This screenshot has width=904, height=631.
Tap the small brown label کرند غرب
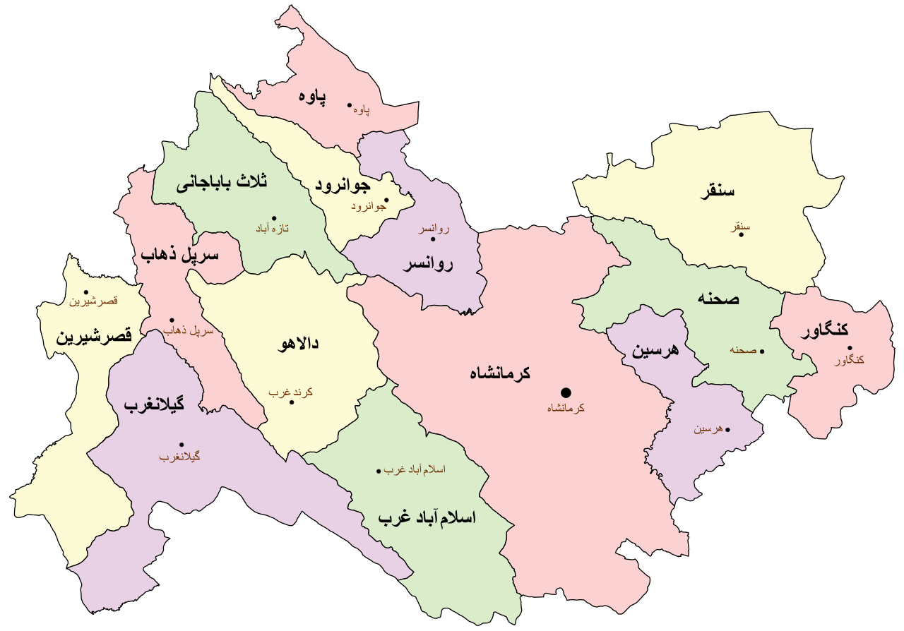[x=290, y=392]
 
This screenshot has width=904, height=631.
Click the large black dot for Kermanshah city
[x=566, y=392]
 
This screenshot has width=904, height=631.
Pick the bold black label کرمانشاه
[x=500, y=373]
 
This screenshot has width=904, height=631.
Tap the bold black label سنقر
[x=717, y=191]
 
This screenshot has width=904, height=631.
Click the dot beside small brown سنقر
[x=741, y=234]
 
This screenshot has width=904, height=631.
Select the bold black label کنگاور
[x=825, y=330]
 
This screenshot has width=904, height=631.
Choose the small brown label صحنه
[x=743, y=349]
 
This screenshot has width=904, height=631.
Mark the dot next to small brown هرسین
[x=727, y=429]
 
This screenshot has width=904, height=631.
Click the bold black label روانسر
[x=428, y=265]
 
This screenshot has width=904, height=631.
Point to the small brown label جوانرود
[x=368, y=207]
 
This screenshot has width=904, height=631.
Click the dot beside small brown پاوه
[x=349, y=107]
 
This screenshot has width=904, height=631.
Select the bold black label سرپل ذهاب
[x=179, y=255]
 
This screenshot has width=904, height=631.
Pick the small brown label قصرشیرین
[x=93, y=301]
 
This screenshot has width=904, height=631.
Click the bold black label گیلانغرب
[x=154, y=405]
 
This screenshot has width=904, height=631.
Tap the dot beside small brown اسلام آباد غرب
[x=379, y=471]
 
